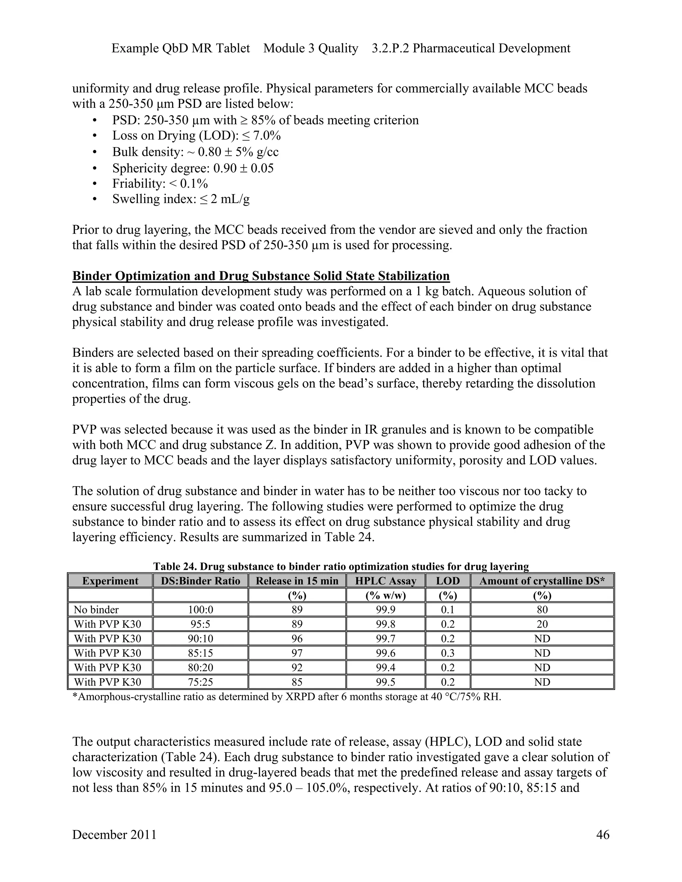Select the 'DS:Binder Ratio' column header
coord(200,581)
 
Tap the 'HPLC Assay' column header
coord(385,581)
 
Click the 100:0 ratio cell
coord(200,609)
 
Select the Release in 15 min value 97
coord(297,653)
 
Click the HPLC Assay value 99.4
coord(385,668)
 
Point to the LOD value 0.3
coord(448,653)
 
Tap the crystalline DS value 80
coord(542,609)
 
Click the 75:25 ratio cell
coord(200,682)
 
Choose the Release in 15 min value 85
coord(297,682)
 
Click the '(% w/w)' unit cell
coord(385,595)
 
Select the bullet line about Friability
coord(160,184)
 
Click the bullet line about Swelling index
coord(180,199)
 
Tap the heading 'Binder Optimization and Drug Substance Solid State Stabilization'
coord(261,276)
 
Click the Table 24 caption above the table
coord(341,566)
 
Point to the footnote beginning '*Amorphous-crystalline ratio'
coord(286,697)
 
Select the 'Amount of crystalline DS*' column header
coord(542,581)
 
